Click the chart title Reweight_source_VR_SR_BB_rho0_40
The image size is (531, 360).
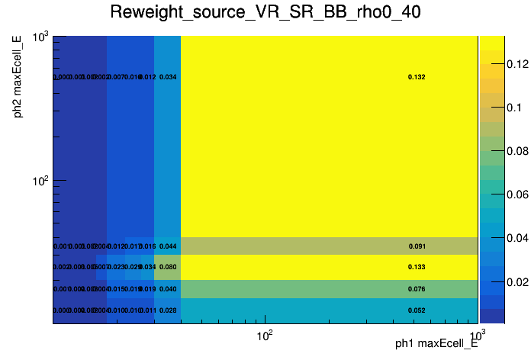click(265, 13)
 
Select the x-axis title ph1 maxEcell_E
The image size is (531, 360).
click(436, 344)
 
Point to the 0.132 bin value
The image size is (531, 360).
click(417, 77)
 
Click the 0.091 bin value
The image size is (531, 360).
click(417, 246)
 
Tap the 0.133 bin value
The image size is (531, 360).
click(417, 267)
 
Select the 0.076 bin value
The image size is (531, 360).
click(417, 289)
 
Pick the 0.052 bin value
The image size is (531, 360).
click(417, 310)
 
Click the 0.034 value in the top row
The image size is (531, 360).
click(168, 77)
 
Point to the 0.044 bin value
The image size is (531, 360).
click(168, 246)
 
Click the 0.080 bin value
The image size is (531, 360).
click(168, 267)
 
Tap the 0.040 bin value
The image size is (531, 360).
click(168, 289)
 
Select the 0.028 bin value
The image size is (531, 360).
click(168, 310)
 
